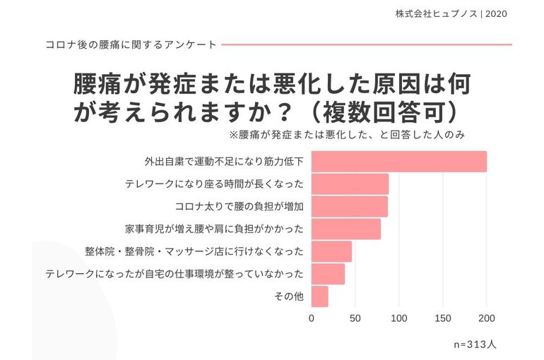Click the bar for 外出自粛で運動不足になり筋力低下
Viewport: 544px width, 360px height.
tap(398, 162)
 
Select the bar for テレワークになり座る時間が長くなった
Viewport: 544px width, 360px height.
tap(350, 184)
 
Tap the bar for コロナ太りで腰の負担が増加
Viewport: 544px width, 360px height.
tap(349, 207)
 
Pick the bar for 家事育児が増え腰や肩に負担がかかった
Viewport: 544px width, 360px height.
tap(345, 229)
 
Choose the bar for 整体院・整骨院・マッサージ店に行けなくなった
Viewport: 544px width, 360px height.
tap(331, 251)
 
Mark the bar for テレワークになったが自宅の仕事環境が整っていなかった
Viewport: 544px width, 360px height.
tap(328, 274)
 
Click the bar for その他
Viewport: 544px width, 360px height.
tap(319, 296)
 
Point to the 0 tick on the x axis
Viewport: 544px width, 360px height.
tap(312, 318)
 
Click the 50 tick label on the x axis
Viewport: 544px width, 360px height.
tap(355, 318)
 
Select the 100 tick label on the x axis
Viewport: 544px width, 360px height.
tap(399, 318)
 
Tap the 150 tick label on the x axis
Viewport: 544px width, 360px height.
tap(443, 318)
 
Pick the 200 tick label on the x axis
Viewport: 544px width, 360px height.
tap(487, 318)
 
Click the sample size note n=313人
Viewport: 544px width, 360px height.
tap(475, 345)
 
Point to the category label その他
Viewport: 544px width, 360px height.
tap(289, 296)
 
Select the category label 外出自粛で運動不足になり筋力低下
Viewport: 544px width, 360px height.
tap(224, 162)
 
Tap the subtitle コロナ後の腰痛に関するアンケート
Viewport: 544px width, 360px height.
tap(131, 44)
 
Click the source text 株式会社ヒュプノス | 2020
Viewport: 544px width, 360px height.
tap(451, 13)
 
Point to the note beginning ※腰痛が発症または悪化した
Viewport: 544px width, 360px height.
tap(346, 134)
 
